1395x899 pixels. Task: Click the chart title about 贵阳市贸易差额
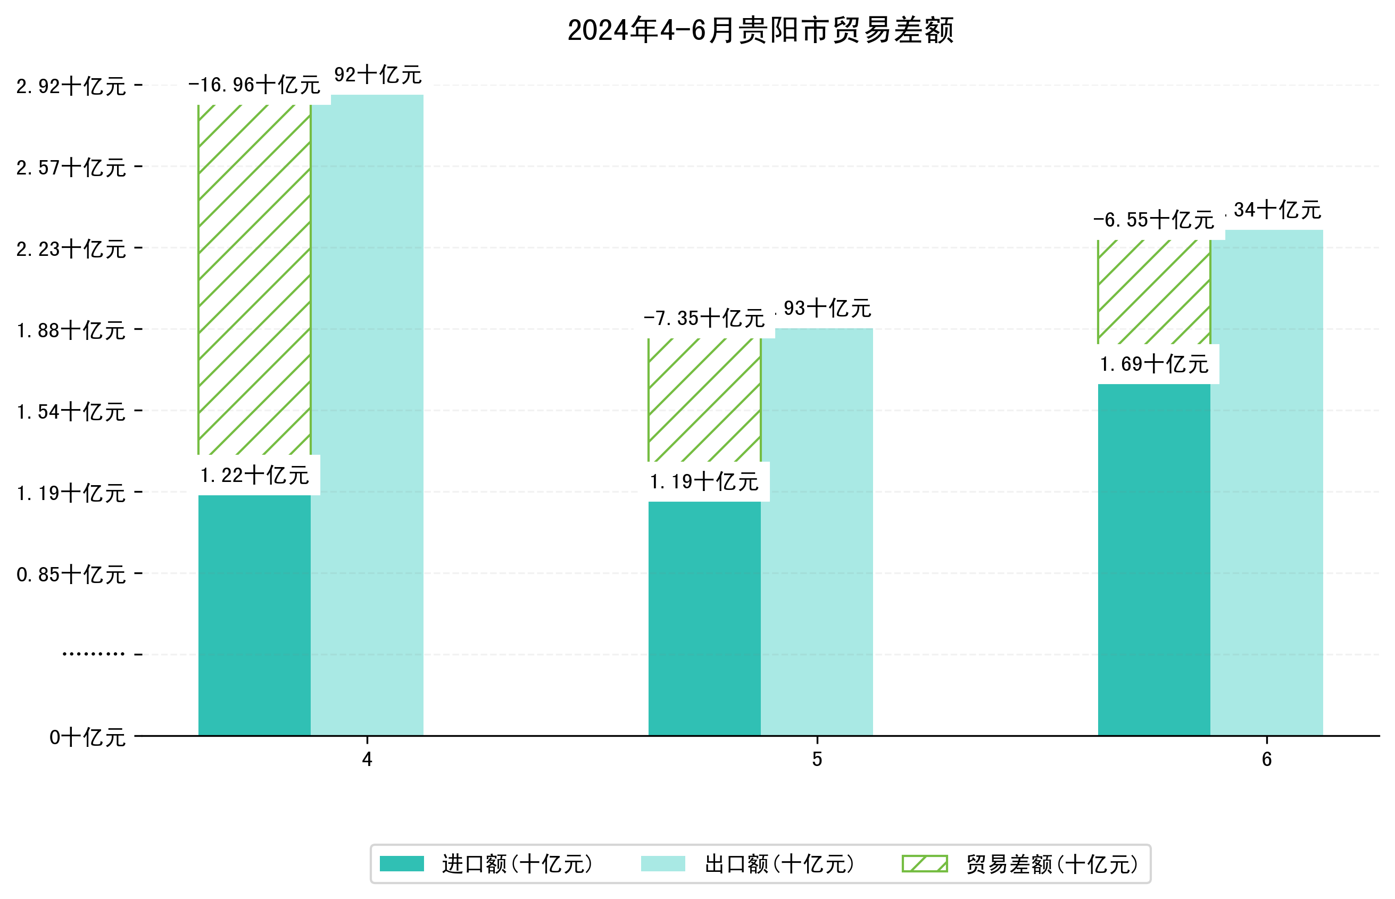point(760,30)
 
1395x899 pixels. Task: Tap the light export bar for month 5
point(816,531)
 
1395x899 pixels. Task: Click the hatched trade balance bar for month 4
point(254,280)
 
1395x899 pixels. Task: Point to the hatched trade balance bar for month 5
point(704,401)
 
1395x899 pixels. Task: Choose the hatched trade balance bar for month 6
point(1153,292)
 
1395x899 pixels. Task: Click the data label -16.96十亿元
point(254,85)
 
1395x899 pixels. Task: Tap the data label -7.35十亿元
point(704,319)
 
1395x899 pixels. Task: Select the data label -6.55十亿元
point(1153,220)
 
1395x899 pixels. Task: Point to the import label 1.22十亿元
point(254,476)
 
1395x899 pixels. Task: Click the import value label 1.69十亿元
point(1153,364)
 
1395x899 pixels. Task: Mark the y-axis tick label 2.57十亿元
point(71,168)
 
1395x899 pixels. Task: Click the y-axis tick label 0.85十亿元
point(71,575)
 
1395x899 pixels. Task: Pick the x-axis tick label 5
point(817,760)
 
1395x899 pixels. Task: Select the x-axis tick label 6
point(1266,760)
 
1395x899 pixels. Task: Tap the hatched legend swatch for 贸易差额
point(925,864)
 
